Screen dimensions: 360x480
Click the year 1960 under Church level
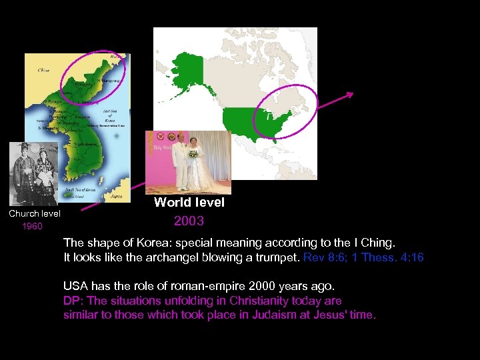click(32, 226)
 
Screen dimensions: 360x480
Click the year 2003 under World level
click(189, 221)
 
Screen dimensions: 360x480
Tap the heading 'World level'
click(189, 202)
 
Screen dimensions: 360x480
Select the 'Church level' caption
click(35, 213)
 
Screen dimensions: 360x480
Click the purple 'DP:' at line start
click(71, 301)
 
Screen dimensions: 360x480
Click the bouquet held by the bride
click(194, 154)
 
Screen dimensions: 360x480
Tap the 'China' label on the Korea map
click(43, 69)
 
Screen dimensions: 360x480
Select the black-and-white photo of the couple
click(35, 173)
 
